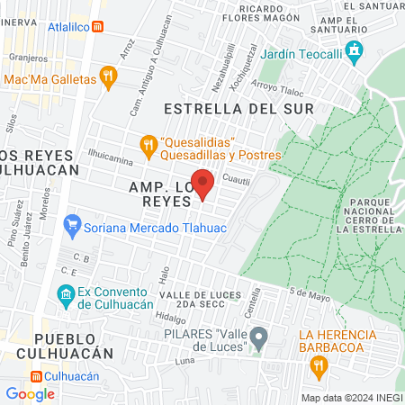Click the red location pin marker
coord(203,184)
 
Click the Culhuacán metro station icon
coord(36,376)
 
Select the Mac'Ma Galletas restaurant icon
coord(109,78)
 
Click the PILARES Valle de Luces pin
coord(259,338)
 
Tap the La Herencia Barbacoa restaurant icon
coord(317,364)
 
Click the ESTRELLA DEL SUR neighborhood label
coord(239,109)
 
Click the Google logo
coord(30,393)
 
